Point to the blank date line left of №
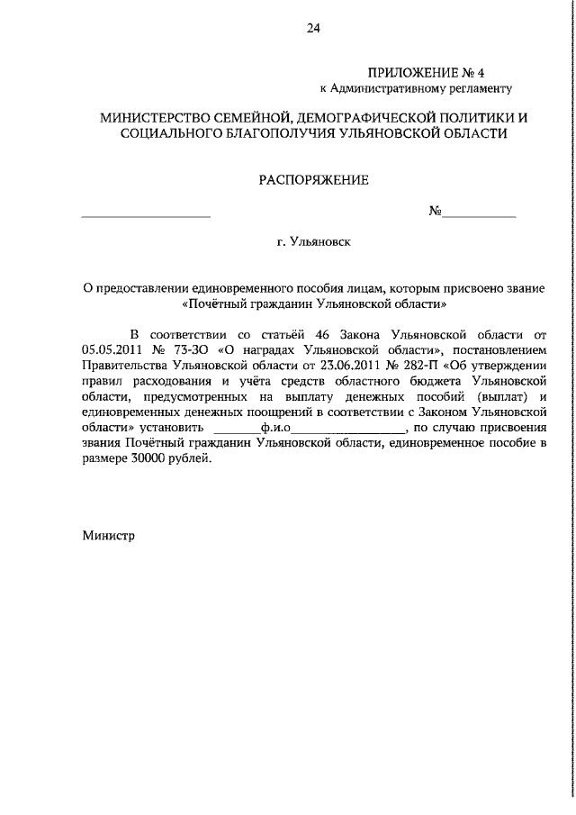pyautogui.click(x=146, y=214)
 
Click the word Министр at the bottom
pyautogui.click(x=108, y=534)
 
